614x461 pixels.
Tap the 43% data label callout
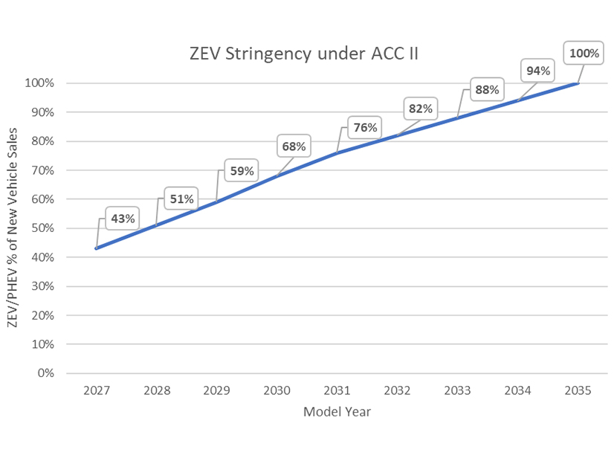tap(123, 219)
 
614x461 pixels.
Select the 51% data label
tap(181, 199)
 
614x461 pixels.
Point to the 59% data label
tap(241, 171)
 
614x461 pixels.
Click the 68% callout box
tap(294, 146)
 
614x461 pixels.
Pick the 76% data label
tap(366, 127)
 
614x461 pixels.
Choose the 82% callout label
tap(420, 109)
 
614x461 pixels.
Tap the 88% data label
tap(486, 90)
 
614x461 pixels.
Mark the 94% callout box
tap(537, 71)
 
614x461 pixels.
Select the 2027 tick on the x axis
tap(96, 390)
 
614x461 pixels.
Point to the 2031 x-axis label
tap(337, 390)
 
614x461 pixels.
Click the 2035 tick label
tap(578, 390)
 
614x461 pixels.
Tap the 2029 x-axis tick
tap(216, 390)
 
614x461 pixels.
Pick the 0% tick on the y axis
tap(45, 373)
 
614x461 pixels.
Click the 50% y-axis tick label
tap(42, 228)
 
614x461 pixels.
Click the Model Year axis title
tap(337, 411)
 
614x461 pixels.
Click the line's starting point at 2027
tap(97, 248)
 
